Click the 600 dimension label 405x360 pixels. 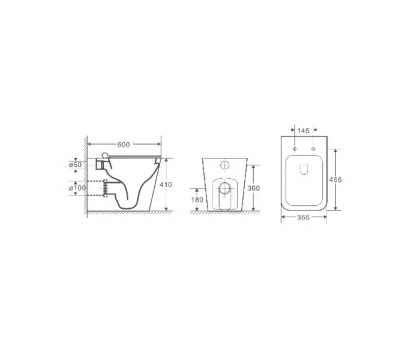(x=124, y=145)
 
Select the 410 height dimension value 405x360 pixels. (x=166, y=185)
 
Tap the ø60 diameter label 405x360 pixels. (x=75, y=164)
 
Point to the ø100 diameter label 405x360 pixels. (x=77, y=188)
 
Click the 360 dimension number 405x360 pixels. (x=253, y=188)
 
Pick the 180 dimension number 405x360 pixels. (x=197, y=200)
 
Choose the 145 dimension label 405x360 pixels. (x=303, y=131)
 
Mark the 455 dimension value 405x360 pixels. (x=335, y=179)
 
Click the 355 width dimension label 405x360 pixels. (x=303, y=217)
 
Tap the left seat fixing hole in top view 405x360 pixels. (x=295, y=149)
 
